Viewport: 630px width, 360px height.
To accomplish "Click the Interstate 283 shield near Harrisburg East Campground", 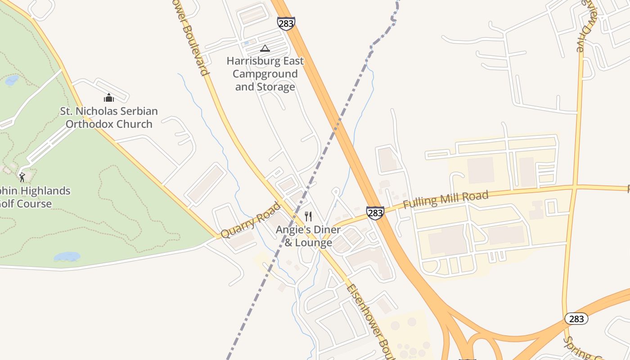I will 286,23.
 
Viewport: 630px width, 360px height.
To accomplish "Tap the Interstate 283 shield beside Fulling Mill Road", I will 375,212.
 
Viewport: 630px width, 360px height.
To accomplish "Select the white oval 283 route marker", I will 576,319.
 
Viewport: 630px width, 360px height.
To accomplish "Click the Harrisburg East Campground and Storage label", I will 265,74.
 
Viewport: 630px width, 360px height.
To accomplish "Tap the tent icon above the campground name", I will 265,48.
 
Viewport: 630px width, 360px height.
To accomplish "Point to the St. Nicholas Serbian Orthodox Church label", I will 109,117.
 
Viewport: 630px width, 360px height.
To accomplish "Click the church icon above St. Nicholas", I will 109,98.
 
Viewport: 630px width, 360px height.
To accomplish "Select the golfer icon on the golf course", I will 22,177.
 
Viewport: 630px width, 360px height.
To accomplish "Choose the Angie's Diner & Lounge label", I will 308,236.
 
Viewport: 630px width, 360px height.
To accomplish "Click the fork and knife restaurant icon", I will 308,216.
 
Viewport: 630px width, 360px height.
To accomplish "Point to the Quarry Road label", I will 250,220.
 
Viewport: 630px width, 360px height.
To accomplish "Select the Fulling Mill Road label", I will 445,199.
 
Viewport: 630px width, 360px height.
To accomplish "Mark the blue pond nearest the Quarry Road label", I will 67,257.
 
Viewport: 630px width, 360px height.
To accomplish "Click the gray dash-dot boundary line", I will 288,225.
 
